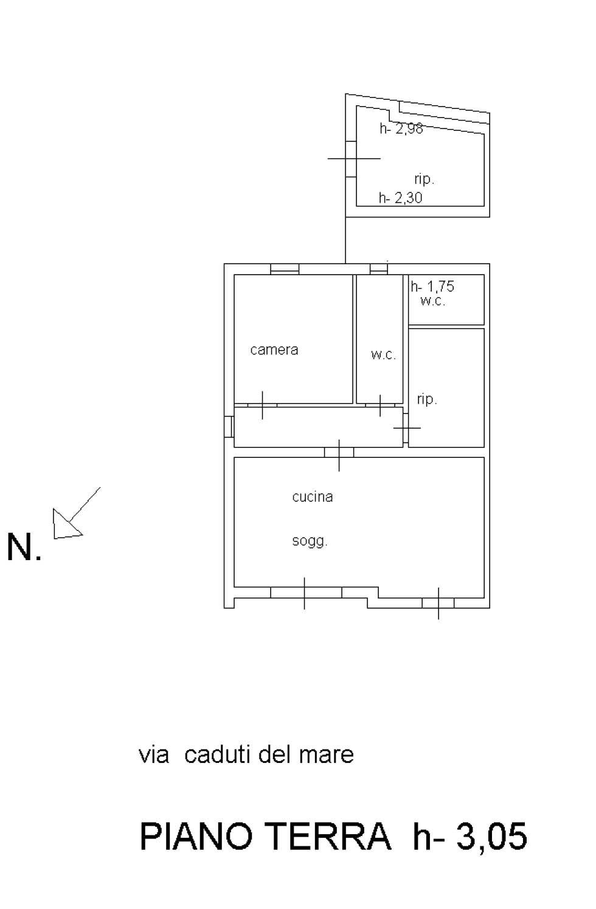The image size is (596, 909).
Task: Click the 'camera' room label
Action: tap(274, 350)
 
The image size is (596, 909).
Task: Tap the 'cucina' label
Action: tap(312, 497)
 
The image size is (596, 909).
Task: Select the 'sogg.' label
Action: tap(310, 541)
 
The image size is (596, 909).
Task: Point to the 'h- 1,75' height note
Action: tap(432, 287)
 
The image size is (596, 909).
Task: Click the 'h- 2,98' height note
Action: tap(401, 128)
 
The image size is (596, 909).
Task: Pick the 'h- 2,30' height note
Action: tap(401, 198)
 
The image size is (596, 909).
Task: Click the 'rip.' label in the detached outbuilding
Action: tap(424, 178)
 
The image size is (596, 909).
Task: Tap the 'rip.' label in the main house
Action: tap(427, 399)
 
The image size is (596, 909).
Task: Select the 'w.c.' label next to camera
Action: tap(383, 355)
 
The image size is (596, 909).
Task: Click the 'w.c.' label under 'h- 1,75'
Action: tap(432, 301)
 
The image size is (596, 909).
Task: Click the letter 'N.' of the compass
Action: tap(24, 547)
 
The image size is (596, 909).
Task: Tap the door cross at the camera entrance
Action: tap(262, 405)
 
